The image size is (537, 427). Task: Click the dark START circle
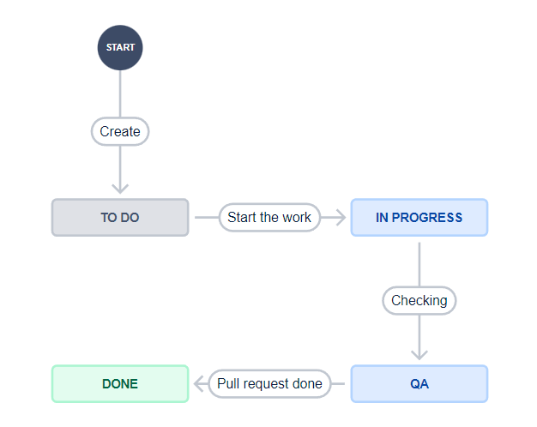pyautogui.click(x=120, y=47)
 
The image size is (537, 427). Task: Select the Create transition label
pyautogui.click(x=120, y=132)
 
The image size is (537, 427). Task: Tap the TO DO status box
pyautogui.click(x=120, y=218)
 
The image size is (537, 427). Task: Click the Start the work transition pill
pyautogui.click(x=269, y=218)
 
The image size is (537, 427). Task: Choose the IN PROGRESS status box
pyautogui.click(x=419, y=218)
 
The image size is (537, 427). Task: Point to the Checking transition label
pyautogui.click(x=419, y=301)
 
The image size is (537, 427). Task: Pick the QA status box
pyautogui.click(x=419, y=384)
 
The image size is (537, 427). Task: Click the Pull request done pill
pyautogui.click(x=269, y=384)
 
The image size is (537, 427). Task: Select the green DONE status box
pyautogui.click(x=120, y=384)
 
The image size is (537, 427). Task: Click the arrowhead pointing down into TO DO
pyautogui.click(x=120, y=188)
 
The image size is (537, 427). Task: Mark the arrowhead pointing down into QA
pyautogui.click(x=419, y=353)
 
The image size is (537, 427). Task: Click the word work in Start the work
pyautogui.click(x=297, y=218)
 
